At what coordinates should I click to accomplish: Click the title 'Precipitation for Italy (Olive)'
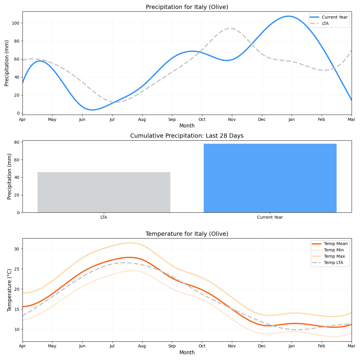tap(187, 7)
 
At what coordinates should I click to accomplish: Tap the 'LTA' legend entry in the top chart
tap(325, 23)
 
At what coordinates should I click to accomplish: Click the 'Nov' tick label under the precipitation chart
tap(232, 120)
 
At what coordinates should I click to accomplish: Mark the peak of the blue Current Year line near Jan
tap(288, 16)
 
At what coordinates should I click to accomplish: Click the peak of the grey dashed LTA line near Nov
tap(230, 28)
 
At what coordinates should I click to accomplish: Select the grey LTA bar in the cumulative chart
tap(104, 192)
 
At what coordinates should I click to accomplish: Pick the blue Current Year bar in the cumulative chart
tap(270, 178)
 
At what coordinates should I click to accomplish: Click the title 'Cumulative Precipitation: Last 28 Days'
tap(187, 136)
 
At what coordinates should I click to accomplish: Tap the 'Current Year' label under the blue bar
tap(270, 217)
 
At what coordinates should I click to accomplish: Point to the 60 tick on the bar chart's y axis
tap(17, 160)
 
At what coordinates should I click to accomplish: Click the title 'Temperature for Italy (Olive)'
tap(187, 234)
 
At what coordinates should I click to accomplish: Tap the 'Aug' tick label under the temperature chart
tap(142, 346)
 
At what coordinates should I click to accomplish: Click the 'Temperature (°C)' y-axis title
tap(9, 290)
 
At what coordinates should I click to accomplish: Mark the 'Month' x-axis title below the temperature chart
tap(187, 353)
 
